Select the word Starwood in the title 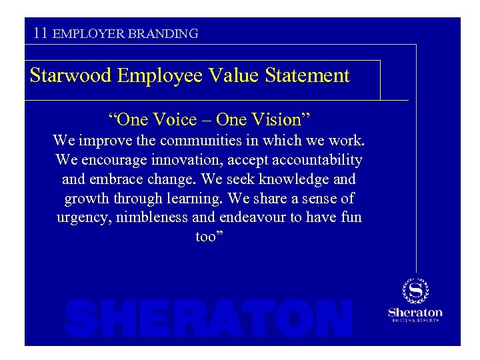tap(71, 75)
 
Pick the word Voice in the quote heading tap(174, 120)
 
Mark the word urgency tap(79, 218)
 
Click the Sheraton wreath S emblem tap(415, 291)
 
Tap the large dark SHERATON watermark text tap(209, 318)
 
